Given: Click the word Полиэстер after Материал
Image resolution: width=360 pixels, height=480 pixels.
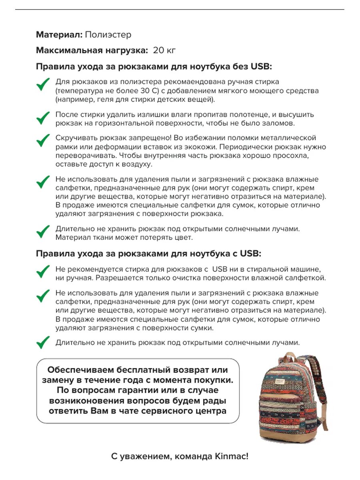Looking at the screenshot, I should tap(108, 35).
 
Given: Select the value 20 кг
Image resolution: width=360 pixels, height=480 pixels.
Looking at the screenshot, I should tap(164, 50).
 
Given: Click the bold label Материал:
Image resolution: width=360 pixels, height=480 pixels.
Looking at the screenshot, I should tap(59, 35).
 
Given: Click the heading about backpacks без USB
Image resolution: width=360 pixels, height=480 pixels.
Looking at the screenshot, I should tap(154, 66).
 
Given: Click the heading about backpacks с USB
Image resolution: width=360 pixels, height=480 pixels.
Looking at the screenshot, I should tap(148, 253).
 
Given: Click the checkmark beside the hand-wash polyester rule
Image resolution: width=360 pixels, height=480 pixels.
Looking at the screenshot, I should tap(43, 84).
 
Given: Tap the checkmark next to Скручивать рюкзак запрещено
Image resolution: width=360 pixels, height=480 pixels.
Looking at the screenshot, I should tap(43, 140).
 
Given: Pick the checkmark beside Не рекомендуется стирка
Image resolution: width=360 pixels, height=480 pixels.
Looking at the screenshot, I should tap(43, 271).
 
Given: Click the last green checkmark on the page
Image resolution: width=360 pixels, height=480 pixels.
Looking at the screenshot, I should tap(43, 342).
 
